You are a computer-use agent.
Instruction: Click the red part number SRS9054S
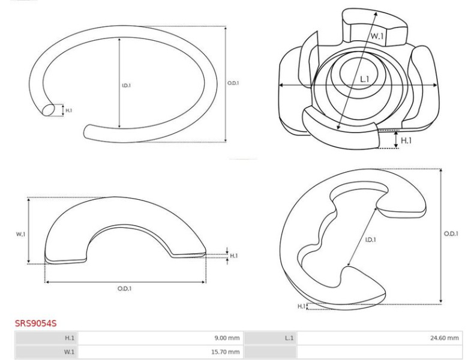click(x=35, y=323)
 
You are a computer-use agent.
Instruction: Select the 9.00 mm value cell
click(x=160, y=338)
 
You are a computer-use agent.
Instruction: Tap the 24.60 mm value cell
click(x=379, y=338)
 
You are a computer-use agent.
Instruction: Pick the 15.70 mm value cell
click(x=160, y=352)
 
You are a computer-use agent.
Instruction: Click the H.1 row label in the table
click(x=46, y=338)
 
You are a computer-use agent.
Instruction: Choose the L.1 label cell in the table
click(x=270, y=338)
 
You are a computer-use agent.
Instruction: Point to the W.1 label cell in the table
click(x=46, y=352)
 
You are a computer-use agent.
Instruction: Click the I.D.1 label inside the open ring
click(x=127, y=86)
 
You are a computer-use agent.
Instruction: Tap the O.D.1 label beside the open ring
click(x=233, y=83)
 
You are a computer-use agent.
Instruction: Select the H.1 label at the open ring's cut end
click(x=69, y=110)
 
